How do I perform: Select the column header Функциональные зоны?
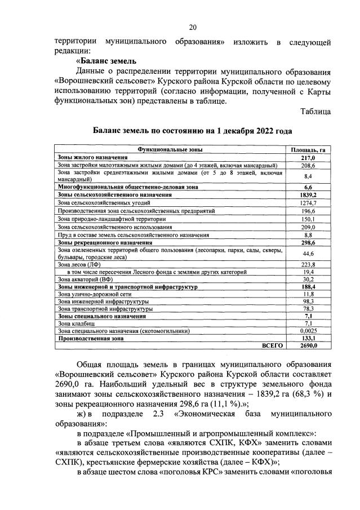point(170,150)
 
